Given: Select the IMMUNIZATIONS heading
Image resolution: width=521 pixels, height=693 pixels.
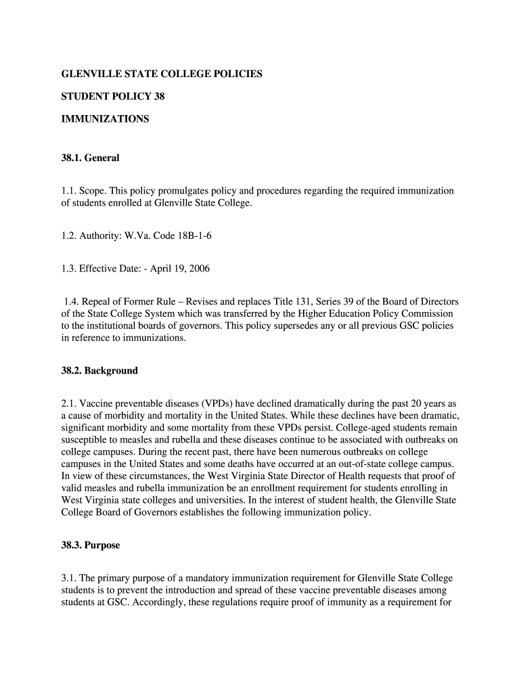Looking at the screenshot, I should coord(105,119).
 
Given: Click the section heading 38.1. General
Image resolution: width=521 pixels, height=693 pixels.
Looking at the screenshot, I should coord(90,158).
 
